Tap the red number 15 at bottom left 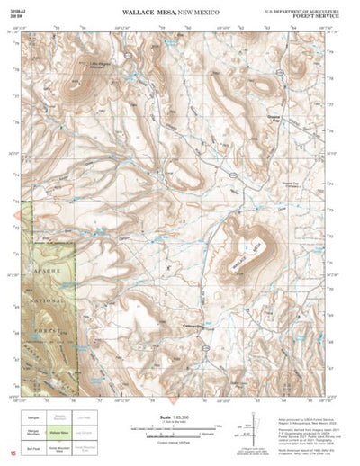point(13,453)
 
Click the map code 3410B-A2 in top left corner point(16,7)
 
